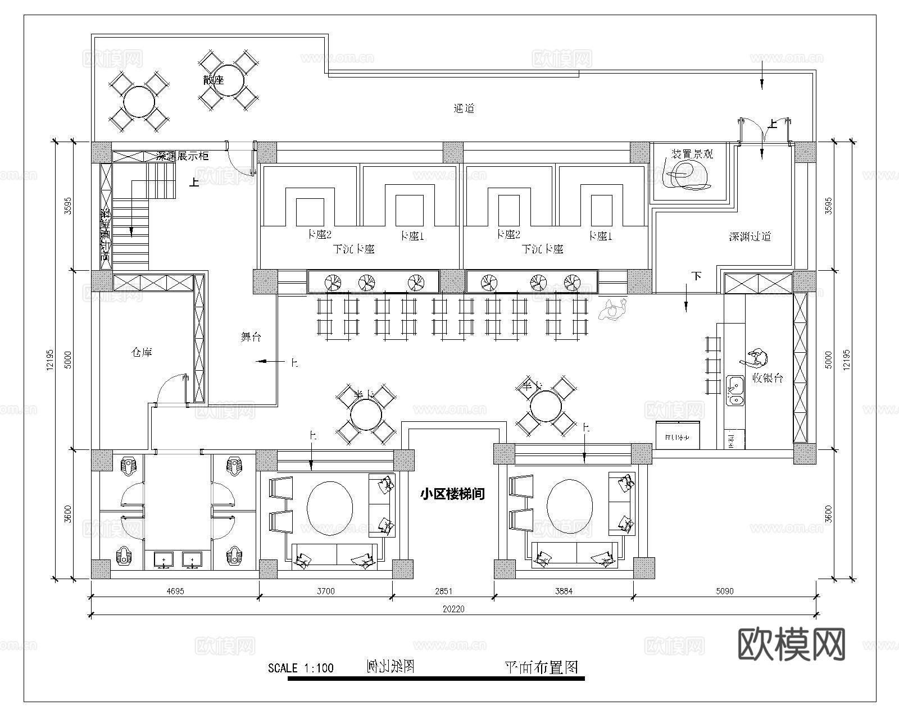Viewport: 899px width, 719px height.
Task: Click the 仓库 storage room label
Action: coord(142,353)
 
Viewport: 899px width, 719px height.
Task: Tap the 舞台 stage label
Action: coord(251,337)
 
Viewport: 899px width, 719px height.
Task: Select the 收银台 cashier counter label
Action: coord(767,378)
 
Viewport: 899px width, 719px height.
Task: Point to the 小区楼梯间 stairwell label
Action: coord(452,494)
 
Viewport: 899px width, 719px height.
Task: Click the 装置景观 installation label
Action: coord(692,154)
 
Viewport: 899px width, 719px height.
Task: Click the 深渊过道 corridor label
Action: coord(750,236)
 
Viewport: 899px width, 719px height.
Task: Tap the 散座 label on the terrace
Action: coord(214,80)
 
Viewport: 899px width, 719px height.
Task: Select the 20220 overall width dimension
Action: coord(453,609)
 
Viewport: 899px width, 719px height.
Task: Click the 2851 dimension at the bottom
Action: coord(443,591)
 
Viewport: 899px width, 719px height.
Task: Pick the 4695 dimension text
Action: coord(175,591)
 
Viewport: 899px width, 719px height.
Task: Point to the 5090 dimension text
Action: coord(724,591)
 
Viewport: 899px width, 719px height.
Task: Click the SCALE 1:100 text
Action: coord(301,668)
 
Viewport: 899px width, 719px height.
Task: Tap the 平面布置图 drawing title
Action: coord(541,667)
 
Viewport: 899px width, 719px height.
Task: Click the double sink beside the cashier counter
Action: coord(734,390)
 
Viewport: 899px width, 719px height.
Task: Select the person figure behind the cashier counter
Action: coord(756,358)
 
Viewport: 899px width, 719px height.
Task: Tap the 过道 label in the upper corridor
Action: coord(464,108)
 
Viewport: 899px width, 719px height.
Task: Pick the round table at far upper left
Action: coord(139,101)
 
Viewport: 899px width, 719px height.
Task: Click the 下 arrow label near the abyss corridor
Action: coord(697,276)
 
